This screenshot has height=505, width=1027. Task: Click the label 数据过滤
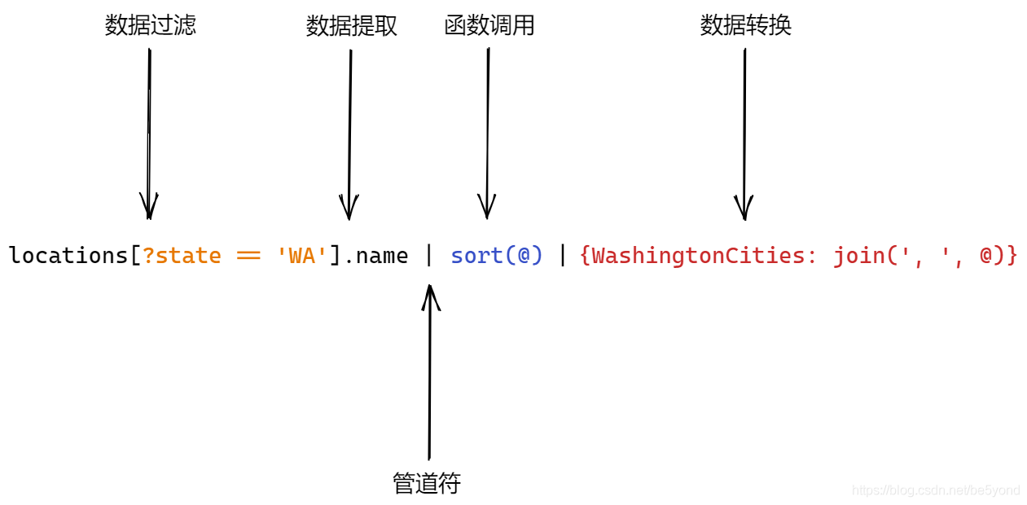[151, 25]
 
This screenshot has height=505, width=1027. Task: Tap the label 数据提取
[351, 26]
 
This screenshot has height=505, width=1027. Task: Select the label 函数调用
[489, 25]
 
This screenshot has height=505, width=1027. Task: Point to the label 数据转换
[745, 25]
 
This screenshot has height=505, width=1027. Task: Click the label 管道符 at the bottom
[426, 483]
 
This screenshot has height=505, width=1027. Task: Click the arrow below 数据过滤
[149, 134]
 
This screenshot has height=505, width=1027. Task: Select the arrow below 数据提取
[350, 134]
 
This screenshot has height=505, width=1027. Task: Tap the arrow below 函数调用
[488, 134]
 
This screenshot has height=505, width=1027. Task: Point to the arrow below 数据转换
[744, 134]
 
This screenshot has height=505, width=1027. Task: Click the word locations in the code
[68, 256]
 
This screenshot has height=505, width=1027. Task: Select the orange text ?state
[182, 256]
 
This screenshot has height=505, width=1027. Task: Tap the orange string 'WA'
[301, 256]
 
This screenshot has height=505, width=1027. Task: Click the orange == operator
[248, 256]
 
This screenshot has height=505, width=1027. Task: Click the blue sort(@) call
[497, 256]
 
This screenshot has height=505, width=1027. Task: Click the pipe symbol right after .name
[429, 256]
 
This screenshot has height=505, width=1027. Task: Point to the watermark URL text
[936, 490]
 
